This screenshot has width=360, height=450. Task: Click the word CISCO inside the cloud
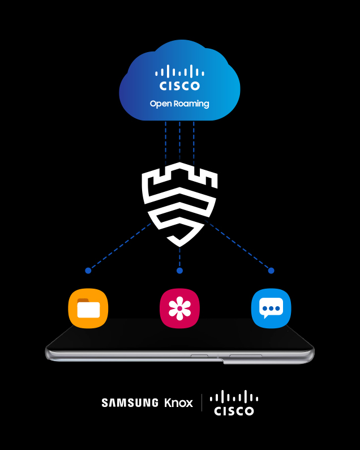179,86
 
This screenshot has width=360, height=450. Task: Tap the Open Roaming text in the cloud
179,104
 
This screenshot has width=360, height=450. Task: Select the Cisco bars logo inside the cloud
179,71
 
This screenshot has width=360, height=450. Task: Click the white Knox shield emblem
179,203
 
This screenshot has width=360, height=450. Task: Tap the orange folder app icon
88,308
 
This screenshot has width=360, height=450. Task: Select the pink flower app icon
179,308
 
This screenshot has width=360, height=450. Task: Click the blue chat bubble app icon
271,308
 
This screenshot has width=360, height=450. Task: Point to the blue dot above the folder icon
88,271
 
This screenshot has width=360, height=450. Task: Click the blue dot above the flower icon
179,271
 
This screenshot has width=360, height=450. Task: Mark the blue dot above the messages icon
271,271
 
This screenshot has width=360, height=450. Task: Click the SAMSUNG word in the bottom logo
130,403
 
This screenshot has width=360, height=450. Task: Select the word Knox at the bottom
178,403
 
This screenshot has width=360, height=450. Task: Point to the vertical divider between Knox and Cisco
202,403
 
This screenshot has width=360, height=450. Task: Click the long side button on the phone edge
245,356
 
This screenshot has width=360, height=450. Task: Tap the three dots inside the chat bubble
271,309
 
